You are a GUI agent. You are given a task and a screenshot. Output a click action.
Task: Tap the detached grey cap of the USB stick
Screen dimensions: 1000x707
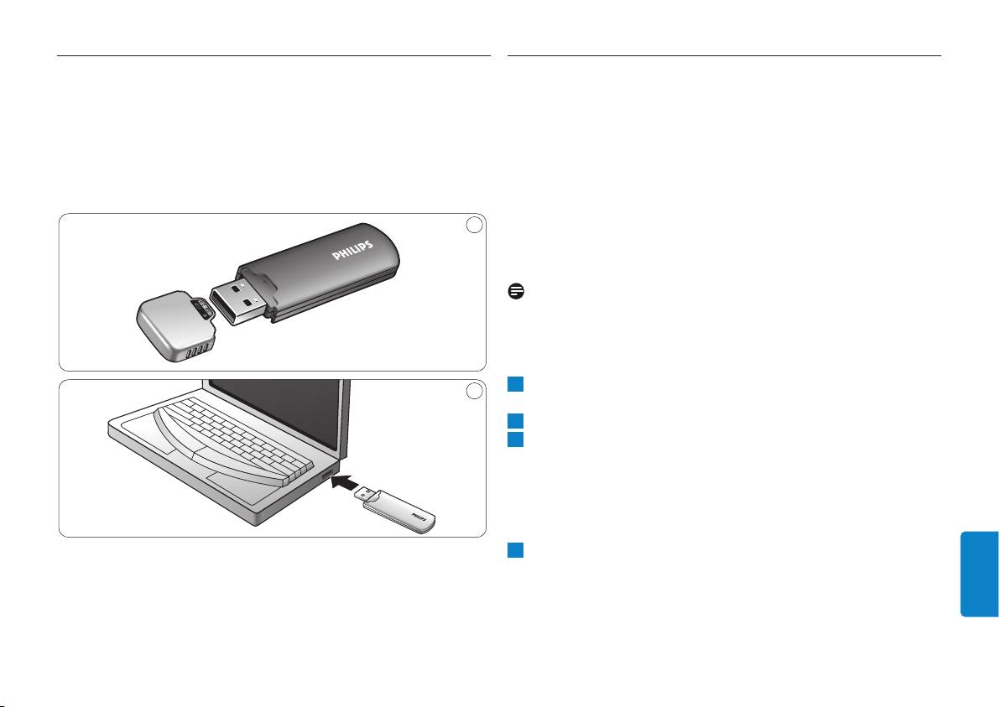point(175,325)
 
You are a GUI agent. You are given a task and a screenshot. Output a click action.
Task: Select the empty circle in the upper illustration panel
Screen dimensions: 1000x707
point(474,225)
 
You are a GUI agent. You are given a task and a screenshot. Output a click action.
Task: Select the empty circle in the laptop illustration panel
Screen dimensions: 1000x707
point(474,390)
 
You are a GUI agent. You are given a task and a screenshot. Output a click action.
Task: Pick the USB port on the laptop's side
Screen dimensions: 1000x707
point(327,475)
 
